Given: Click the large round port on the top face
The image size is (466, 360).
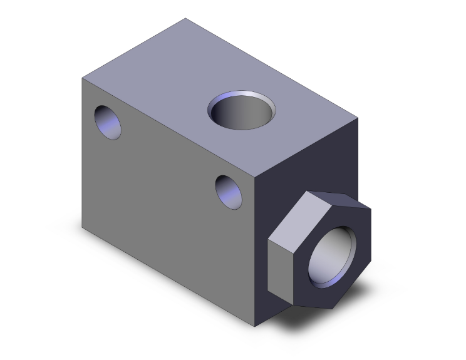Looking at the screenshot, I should pos(241,111).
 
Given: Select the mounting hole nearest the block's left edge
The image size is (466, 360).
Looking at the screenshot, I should pos(107,122).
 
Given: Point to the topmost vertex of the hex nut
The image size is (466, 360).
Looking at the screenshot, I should pos(309,192).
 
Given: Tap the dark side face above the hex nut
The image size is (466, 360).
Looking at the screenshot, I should pos(307,163).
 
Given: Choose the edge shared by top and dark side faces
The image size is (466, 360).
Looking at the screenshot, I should pos(308,148).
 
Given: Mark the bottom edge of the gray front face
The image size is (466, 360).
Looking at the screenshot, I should pos(169,276).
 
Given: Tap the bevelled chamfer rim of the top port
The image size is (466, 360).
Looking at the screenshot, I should pos(258,95).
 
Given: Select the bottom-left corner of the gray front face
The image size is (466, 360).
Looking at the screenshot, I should pos(82,226).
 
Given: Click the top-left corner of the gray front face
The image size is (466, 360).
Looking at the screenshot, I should pos(82,78).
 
